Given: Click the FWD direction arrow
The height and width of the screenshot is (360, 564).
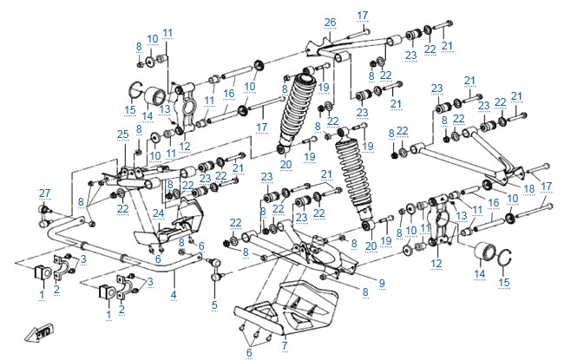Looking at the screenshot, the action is (39, 333).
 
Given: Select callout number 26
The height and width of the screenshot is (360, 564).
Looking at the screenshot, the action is (330, 23).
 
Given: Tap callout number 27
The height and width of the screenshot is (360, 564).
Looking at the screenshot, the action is (44, 193).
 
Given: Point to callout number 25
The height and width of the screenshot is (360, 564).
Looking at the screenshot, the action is (123, 134).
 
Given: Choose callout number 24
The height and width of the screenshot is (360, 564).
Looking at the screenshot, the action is (158, 213).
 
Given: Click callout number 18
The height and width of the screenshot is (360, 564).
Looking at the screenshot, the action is (529, 188).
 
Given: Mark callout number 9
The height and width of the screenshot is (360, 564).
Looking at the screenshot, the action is (382, 284).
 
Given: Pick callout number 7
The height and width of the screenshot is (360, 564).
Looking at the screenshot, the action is (285, 345).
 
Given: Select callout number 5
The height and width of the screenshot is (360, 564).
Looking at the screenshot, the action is (214, 305).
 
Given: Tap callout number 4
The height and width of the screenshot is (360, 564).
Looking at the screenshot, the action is (174, 295).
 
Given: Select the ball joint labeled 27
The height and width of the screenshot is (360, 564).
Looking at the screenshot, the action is (44, 216).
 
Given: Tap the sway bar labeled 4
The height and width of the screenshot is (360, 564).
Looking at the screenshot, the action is (122, 248).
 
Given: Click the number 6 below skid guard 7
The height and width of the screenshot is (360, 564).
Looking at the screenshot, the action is (249, 353).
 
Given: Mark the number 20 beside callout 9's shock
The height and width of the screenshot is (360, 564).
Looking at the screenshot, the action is (371, 245).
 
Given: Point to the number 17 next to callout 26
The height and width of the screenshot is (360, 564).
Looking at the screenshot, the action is (363, 15).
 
